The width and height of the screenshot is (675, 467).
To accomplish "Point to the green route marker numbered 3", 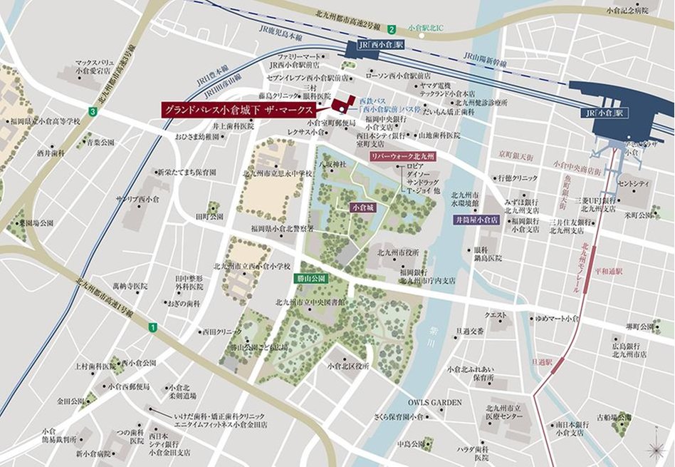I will point(92,112).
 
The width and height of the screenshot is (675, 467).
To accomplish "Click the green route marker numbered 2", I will point(392,29).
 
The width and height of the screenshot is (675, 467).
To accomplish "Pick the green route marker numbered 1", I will point(151,327).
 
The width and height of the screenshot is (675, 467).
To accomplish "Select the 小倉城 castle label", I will point(362,207).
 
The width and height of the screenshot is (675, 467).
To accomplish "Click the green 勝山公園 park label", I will point(310,278).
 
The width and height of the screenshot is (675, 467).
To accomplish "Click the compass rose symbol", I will point(654,450).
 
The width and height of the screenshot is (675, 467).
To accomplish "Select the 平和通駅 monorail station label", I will point(609,271).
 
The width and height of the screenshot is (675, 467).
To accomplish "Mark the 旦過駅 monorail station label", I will point(545,362).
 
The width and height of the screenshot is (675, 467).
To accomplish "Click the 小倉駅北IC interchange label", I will point(425,29).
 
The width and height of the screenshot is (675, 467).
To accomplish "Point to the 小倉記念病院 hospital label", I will point(627,11).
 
